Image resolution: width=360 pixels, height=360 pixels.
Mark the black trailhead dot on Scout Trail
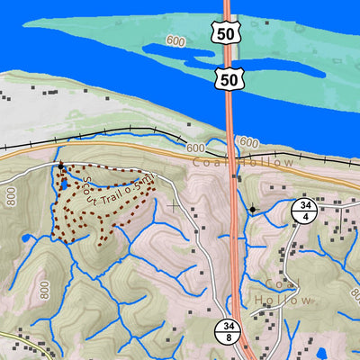[x=61, y=166]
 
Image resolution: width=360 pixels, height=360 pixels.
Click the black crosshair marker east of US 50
[x=253, y=210]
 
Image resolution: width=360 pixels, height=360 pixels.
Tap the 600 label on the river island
[x=175, y=42]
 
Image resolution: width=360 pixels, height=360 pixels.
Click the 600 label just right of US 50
[x=249, y=143]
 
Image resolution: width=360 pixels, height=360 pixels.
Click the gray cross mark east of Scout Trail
[x=172, y=206]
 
